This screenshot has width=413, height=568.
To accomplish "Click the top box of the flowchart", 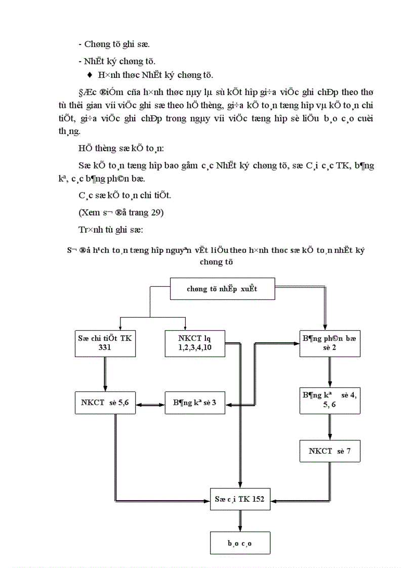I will [223, 289].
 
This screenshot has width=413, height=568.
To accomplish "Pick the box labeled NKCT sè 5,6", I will [105, 403].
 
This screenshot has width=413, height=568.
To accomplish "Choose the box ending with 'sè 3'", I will [195, 403].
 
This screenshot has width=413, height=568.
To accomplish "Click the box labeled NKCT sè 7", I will [329, 451].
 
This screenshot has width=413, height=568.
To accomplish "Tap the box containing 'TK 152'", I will [240, 500].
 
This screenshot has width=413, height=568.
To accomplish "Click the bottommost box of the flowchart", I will [240, 543].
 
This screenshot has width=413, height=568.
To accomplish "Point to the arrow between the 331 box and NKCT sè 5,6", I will [105, 374].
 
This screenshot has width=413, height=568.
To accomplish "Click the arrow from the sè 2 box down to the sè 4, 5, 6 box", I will [329, 372].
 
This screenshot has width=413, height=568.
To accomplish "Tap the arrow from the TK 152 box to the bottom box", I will [240, 520].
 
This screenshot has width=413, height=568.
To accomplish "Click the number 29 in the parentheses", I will [155, 212].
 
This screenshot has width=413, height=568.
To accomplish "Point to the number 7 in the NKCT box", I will [349, 451].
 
